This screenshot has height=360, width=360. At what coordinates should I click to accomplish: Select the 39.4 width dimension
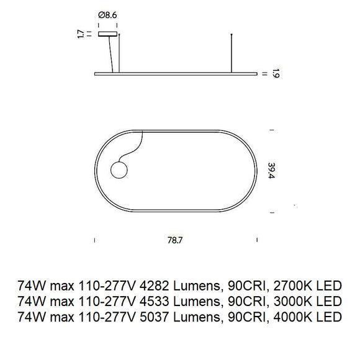pyautogui.click(x=272, y=171)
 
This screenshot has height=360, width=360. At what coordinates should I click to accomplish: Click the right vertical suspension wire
pyautogui.click(x=231, y=53)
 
